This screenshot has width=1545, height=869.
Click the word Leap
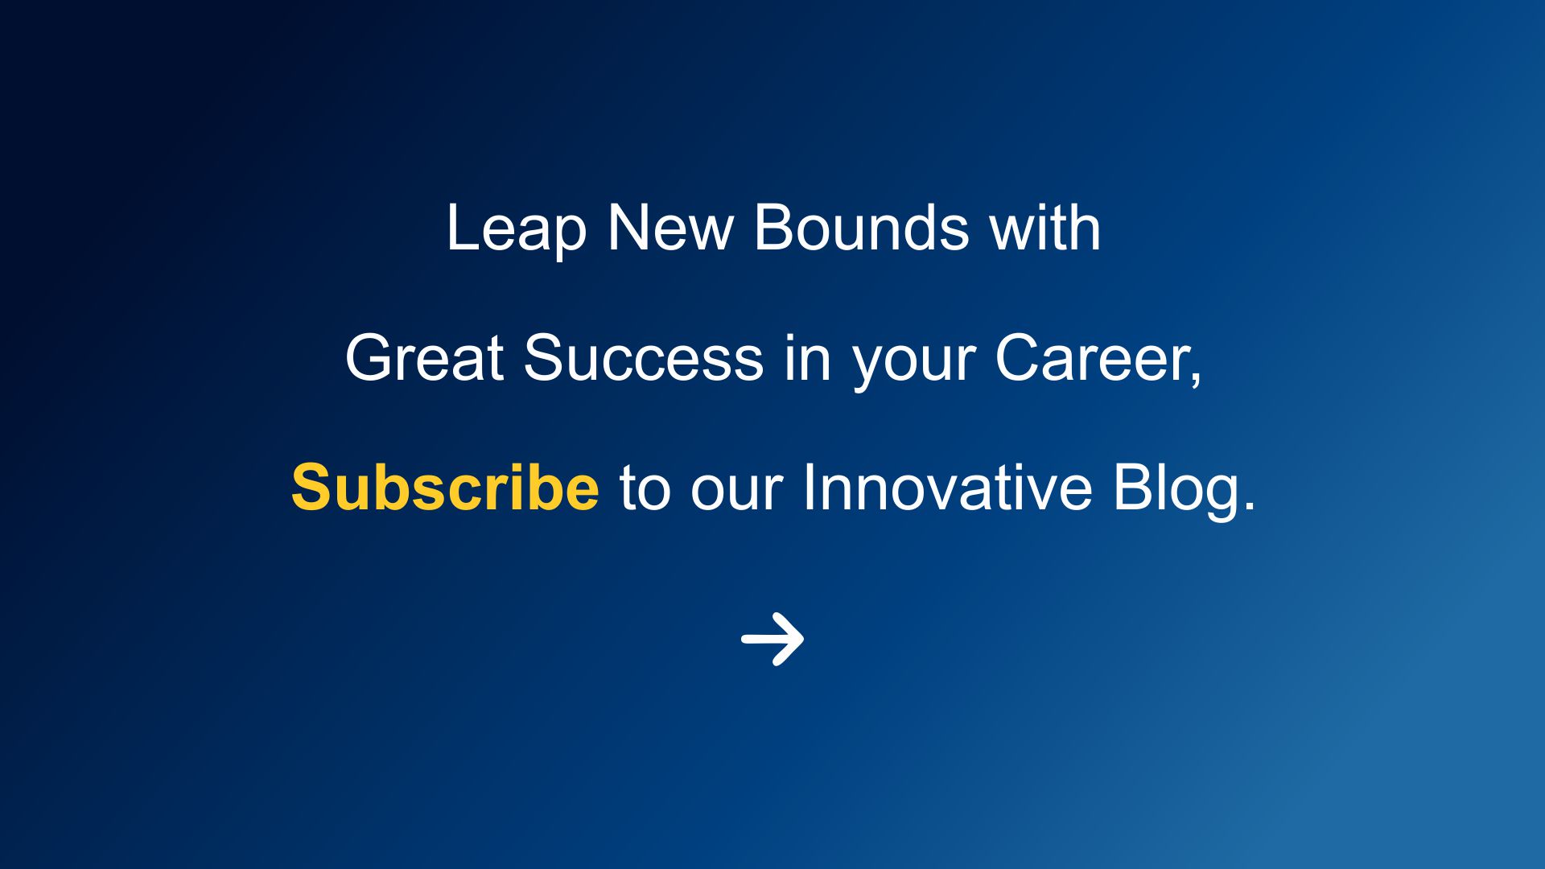pos(517,229)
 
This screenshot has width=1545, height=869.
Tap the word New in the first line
pos(670,228)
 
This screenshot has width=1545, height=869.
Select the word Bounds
pos(861,227)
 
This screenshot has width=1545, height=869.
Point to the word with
pos(1044,227)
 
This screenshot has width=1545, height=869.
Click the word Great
pos(425,357)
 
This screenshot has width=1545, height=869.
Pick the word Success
pos(644,357)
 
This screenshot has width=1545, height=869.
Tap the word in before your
pos(807,357)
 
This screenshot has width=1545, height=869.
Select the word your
pos(913,364)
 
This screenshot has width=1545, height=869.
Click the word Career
pos(1091,357)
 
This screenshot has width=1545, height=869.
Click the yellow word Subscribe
pos(445,488)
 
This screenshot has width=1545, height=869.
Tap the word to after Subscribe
pos(645,490)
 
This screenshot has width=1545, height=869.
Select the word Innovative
pos(947,488)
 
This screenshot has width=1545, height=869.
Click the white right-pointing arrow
pos(772,639)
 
